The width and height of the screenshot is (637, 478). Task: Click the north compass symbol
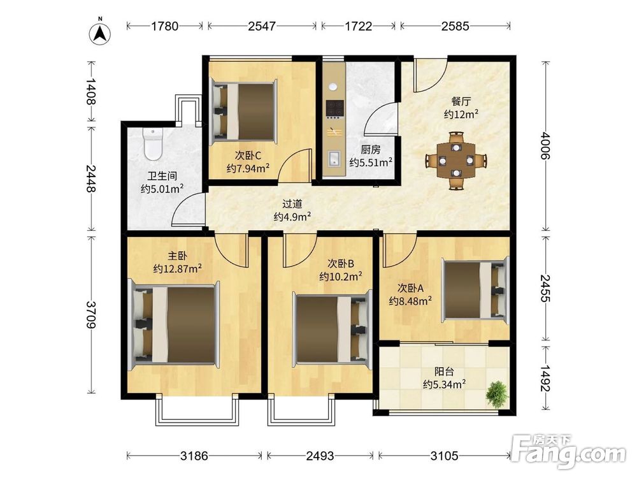pos(100,32)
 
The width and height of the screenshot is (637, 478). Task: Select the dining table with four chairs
pos(456,160)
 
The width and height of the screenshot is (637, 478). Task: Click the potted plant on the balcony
pos(497,393)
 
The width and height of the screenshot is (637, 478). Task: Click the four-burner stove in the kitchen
pos(335,108)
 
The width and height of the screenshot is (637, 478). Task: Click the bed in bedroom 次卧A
pos(476,290)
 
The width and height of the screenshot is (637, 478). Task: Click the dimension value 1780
pos(164,26)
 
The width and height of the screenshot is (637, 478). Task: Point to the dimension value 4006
pos(545,145)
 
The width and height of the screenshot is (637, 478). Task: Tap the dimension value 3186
pos(194,456)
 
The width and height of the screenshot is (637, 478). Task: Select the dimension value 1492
pos(545,378)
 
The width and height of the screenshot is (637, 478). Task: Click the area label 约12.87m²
pos(178,269)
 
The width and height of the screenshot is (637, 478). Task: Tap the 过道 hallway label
pos(292,204)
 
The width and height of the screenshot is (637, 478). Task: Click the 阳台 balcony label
pos(444,372)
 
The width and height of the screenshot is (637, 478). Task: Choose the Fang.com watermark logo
pos(568,452)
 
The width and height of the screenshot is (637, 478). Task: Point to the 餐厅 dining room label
pos(461,101)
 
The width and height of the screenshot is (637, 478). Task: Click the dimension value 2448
pos(91,179)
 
